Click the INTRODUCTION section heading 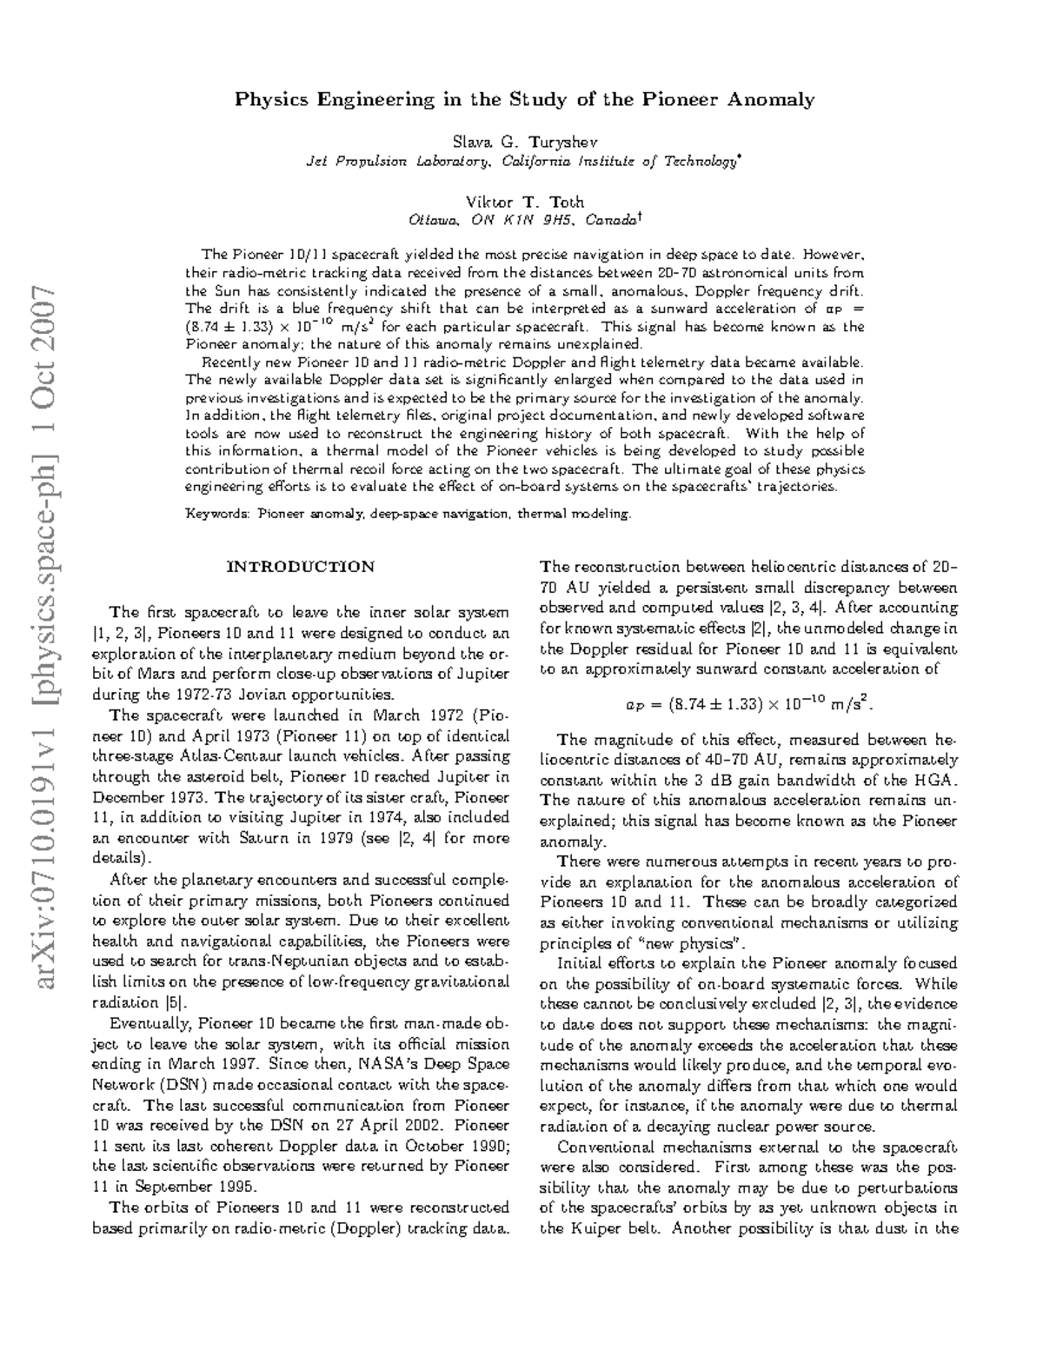[300, 567]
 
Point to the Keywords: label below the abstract [217, 514]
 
